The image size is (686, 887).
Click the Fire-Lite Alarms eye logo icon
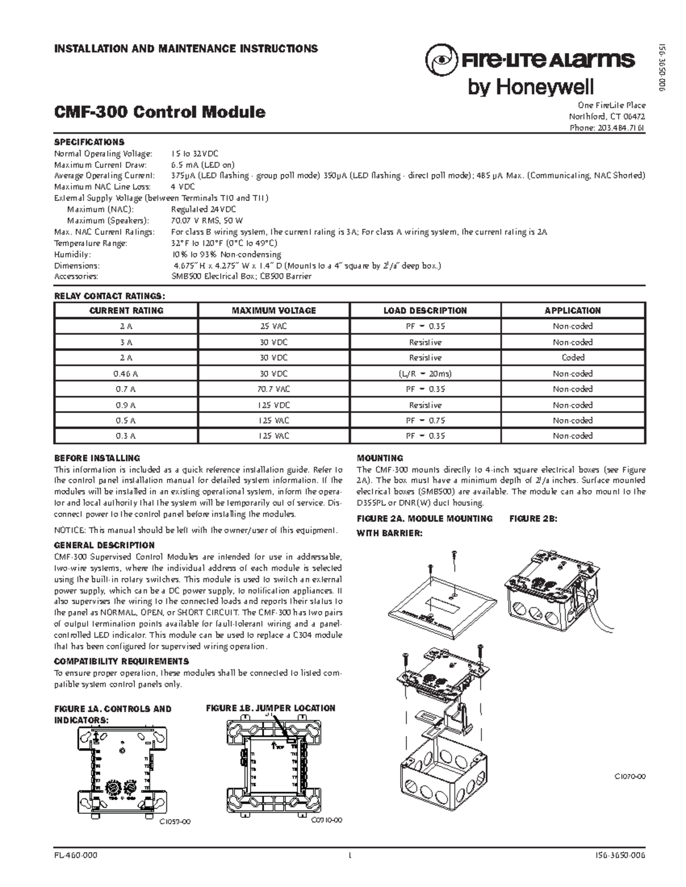[441, 59]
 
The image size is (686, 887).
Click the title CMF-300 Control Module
[159, 111]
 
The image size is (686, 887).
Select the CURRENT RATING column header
[126, 311]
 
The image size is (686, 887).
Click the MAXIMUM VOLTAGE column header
[273, 311]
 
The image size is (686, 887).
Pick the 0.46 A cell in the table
[126, 374]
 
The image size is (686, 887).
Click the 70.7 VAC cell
[273, 389]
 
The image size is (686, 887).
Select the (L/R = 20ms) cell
[425, 374]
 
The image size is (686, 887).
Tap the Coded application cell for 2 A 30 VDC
[573, 358]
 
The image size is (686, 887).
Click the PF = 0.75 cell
[425, 420]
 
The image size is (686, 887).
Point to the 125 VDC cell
[273, 405]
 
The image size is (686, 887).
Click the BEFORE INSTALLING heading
[97, 458]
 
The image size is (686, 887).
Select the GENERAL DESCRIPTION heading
[104, 545]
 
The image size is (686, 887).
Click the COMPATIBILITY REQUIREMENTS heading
[121, 661]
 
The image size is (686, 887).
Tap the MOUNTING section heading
[380, 458]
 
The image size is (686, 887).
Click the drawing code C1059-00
[174, 822]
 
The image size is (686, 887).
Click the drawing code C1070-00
[630, 777]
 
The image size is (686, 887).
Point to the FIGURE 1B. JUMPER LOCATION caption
[270, 708]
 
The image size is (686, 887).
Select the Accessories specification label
[76, 276]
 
